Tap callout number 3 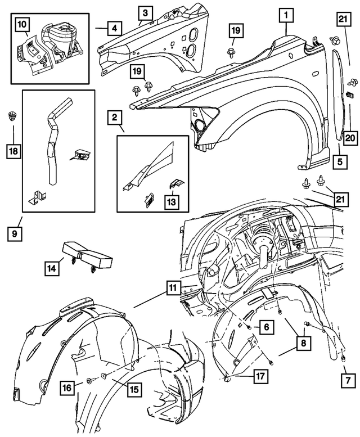tap(145, 12)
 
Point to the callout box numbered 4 tap(114, 27)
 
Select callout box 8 tap(303, 341)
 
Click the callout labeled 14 tap(52, 269)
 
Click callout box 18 tap(13, 150)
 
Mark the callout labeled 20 tap(349, 137)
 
